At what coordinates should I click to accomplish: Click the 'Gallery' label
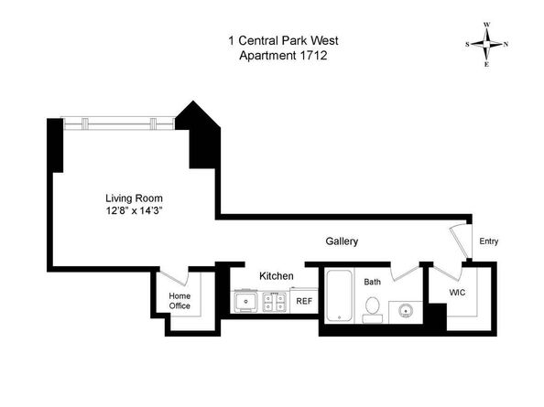click(342, 241)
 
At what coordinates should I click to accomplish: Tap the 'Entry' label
click(489, 241)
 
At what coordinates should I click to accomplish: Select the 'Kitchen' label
click(276, 275)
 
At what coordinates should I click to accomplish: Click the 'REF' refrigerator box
click(303, 300)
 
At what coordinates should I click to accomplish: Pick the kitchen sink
click(245, 300)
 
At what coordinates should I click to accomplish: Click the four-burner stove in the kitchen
click(274, 300)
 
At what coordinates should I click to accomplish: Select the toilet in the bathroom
click(372, 313)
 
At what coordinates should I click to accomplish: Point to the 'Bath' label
click(372, 283)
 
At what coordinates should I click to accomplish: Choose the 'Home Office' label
click(180, 300)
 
